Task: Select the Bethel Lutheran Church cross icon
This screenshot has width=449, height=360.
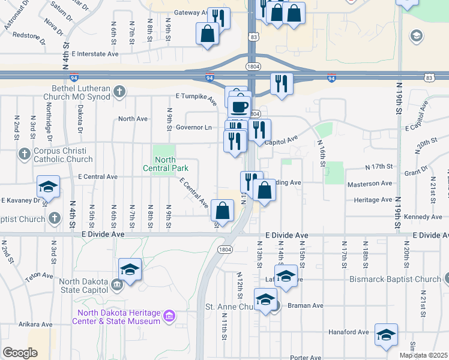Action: pyautogui.click(x=119, y=92)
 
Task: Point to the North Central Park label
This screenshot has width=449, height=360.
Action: pyautogui.click(x=165, y=164)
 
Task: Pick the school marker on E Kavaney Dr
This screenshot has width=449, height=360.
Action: pyautogui.click(x=48, y=186)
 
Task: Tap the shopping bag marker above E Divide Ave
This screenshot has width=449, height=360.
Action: pyautogui.click(x=222, y=211)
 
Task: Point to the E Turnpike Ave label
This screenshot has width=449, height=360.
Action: pyautogui.click(x=196, y=98)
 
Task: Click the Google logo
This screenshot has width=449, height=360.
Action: pyautogui.click(x=20, y=353)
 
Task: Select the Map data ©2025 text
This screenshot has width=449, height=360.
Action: pyautogui.click(x=423, y=355)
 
